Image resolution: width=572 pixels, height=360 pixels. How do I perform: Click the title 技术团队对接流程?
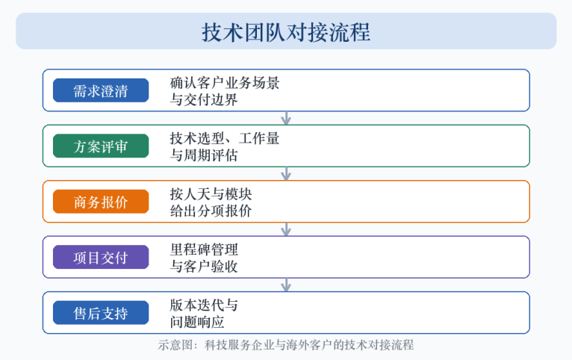[286, 31]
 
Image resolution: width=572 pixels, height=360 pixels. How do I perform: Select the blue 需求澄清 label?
[101, 90]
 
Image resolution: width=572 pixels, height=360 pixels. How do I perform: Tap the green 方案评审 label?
[101, 146]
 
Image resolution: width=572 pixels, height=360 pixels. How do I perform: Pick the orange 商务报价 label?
[101, 202]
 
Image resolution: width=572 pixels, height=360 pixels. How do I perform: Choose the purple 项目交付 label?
[101, 257]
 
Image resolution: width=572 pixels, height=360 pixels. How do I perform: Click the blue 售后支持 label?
[101, 313]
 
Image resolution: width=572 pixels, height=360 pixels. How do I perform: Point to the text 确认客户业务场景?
[225, 83]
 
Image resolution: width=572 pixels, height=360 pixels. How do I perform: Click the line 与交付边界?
[204, 99]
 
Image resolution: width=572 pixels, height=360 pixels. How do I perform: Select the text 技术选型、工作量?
[225, 138]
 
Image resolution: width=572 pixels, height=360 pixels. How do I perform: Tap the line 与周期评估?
[204, 155]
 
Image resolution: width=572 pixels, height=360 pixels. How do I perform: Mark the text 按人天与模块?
[211, 194]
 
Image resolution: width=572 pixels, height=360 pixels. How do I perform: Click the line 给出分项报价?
[211, 211]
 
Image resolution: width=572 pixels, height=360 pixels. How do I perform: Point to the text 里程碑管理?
[204, 249]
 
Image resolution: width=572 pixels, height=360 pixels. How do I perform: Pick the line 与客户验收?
[204, 266]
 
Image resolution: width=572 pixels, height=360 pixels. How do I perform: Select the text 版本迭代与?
[204, 305]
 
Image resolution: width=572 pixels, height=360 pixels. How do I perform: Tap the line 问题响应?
[197, 322]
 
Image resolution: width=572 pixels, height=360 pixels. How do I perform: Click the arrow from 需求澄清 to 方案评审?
[286, 118]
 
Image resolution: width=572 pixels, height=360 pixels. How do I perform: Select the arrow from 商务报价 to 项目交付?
[286, 229]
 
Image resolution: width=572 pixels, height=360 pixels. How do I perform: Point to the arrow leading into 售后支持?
[286, 285]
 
